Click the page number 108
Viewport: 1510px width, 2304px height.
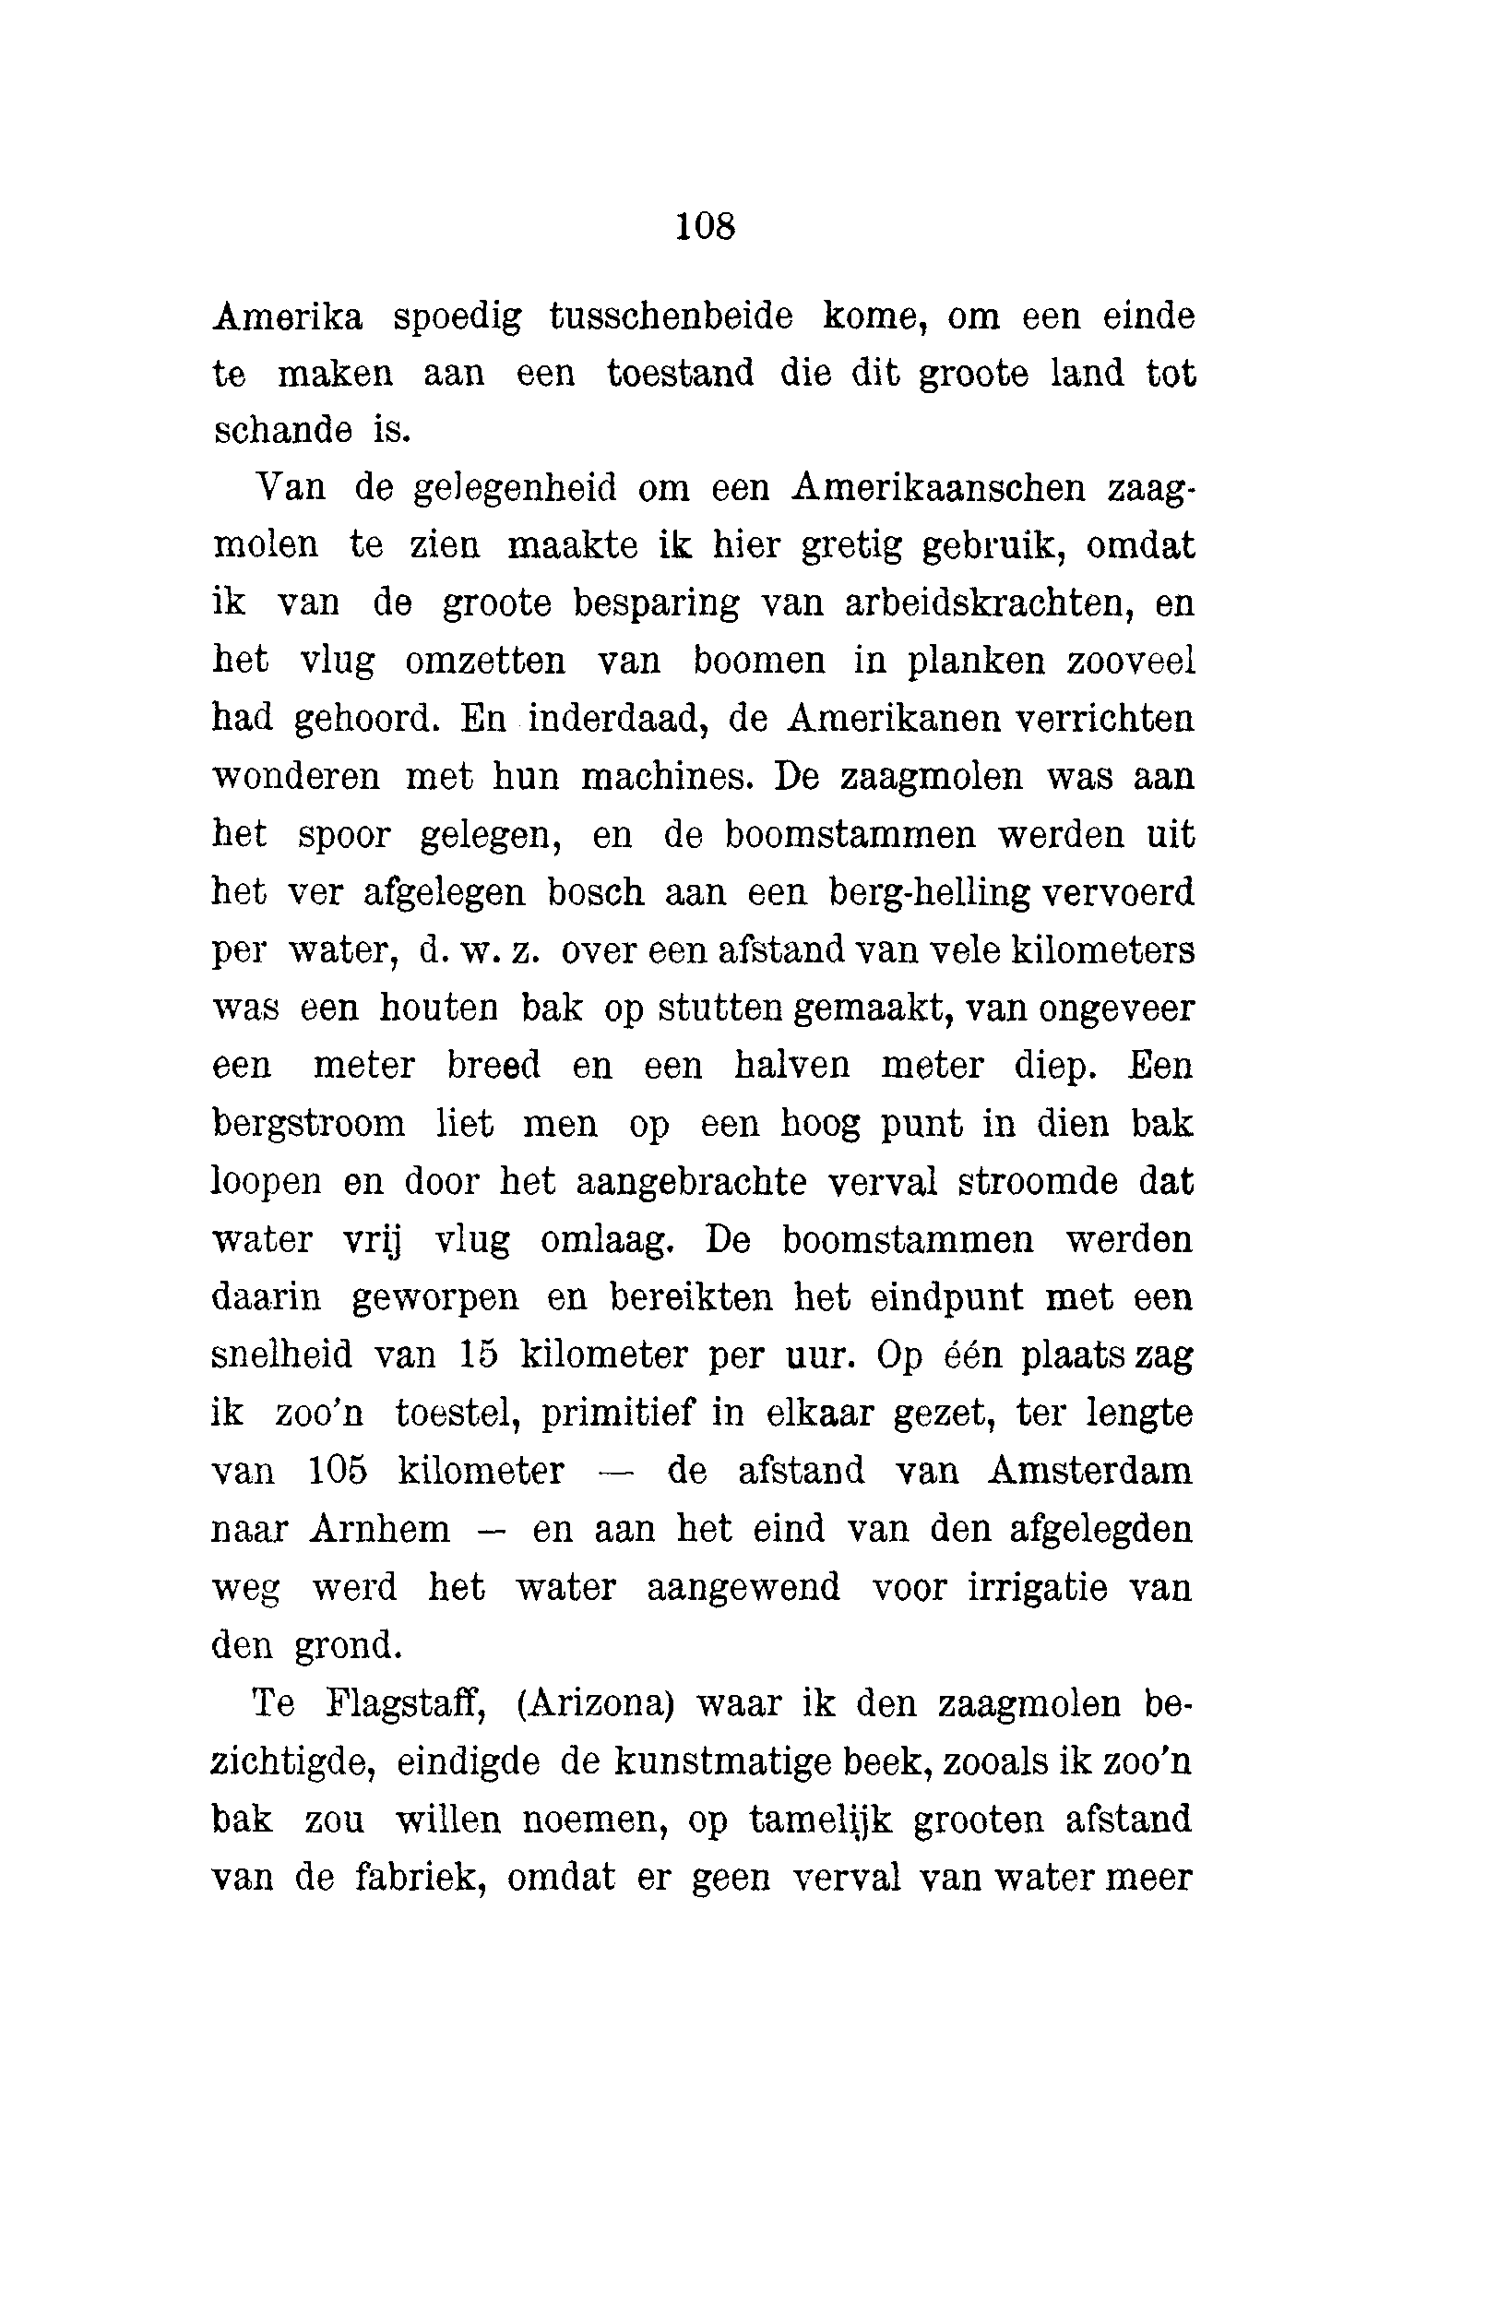tap(706, 227)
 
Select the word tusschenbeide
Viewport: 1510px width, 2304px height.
tap(671, 316)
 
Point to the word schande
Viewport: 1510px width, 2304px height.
tap(282, 430)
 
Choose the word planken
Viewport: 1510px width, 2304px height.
tap(976, 662)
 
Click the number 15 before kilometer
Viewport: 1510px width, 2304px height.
tap(478, 1355)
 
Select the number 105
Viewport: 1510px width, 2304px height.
tap(338, 1471)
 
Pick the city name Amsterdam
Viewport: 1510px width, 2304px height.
tap(1089, 1471)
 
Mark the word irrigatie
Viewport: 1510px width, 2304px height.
tap(1037, 1588)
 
